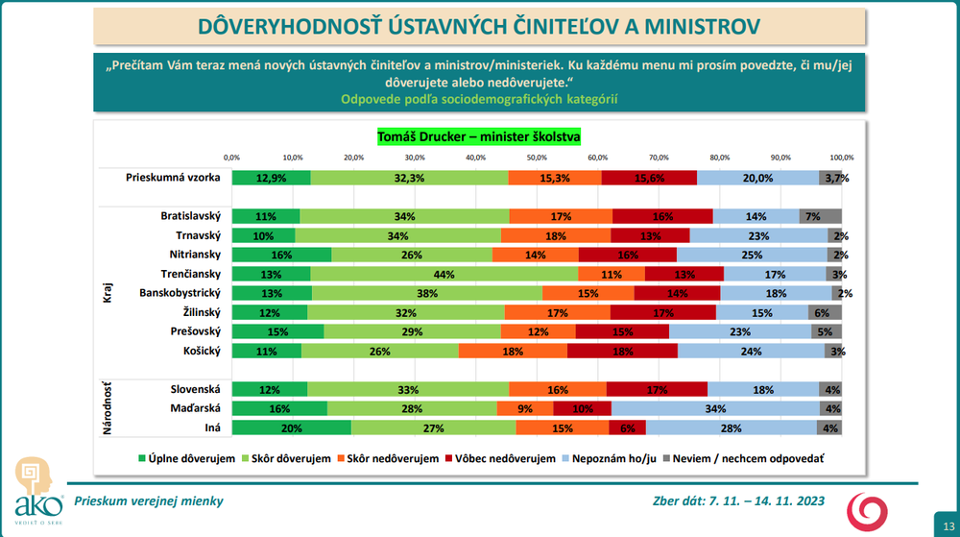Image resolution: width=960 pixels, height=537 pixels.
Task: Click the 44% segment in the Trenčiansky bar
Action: (x=444, y=274)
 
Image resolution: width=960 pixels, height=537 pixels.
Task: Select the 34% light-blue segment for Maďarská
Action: (x=715, y=408)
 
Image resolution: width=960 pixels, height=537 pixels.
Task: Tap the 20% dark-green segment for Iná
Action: (x=291, y=427)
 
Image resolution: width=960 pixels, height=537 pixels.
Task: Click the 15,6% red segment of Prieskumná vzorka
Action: (x=649, y=178)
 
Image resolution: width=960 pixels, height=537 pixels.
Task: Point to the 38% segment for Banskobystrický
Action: (x=427, y=293)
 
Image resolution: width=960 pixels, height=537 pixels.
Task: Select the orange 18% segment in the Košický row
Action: (x=513, y=351)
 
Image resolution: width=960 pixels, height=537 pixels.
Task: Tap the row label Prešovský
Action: (x=196, y=331)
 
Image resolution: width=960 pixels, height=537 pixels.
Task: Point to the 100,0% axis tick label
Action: (x=841, y=157)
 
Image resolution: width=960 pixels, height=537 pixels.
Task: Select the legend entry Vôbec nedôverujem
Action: (x=505, y=459)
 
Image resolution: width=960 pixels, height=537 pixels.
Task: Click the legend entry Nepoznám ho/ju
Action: (x=612, y=459)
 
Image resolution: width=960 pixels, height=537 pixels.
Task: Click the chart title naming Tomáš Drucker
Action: (x=478, y=136)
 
